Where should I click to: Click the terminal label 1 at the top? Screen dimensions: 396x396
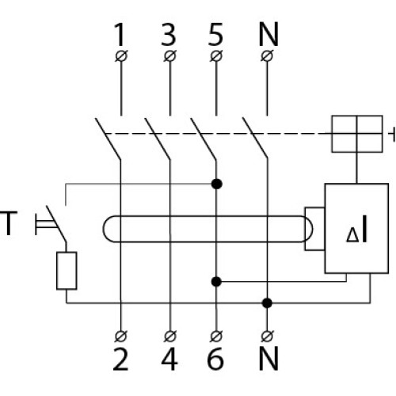tap(120, 35)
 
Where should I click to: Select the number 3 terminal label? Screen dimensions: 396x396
tap(168, 35)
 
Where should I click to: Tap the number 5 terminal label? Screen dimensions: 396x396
tap(215, 35)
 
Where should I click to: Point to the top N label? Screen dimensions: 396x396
tap(268, 35)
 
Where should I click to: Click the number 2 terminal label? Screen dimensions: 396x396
tap(120, 359)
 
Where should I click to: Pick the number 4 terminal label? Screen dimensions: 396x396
tap(169, 359)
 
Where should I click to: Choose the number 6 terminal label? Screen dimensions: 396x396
tap(215, 359)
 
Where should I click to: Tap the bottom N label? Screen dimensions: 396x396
tap(268, 359)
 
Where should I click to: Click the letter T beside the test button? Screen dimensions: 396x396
tap(9, 223)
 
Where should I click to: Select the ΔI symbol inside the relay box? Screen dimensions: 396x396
tap(356, 229)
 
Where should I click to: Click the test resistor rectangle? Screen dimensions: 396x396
tap(67, 271)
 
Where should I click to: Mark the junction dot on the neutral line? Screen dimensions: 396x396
tap(267, 303)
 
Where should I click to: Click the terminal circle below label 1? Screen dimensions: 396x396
tap(121, 56)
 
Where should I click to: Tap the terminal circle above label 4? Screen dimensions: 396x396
tap(170, 336)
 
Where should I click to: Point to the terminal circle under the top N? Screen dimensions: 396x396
tap(267, 56)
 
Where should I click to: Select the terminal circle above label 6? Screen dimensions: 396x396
tap(216, 336)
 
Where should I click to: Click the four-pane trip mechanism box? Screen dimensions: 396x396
tap(357, 134)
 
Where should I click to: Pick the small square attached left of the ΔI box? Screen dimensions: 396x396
tap(314, 229)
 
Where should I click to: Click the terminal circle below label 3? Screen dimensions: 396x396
tap(170, 56)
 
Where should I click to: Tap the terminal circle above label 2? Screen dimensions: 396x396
tap(121, 336)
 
